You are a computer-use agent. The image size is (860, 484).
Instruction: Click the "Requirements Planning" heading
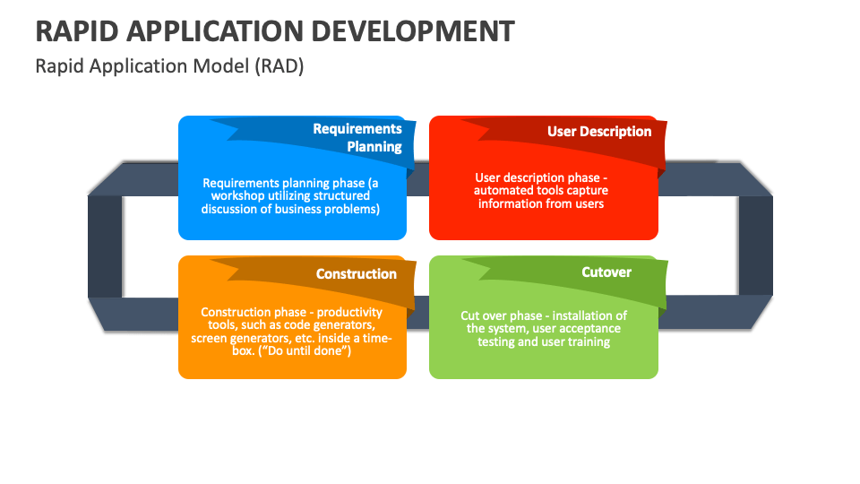[357, 137]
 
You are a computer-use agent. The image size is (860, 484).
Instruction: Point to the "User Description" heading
[599, 131]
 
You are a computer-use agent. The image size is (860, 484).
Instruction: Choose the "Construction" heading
[356, 273]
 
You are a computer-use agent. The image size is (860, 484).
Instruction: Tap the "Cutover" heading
[606, 272]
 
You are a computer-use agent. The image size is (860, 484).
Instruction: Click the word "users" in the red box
[587, 203]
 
